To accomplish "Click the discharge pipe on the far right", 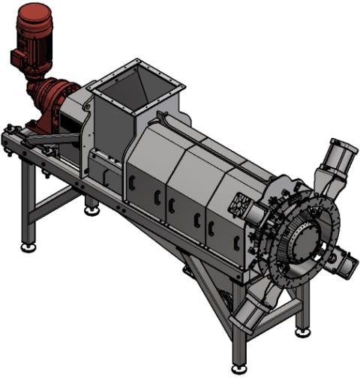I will [x=346, y=262].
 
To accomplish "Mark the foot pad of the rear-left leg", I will [x=92, y=210].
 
